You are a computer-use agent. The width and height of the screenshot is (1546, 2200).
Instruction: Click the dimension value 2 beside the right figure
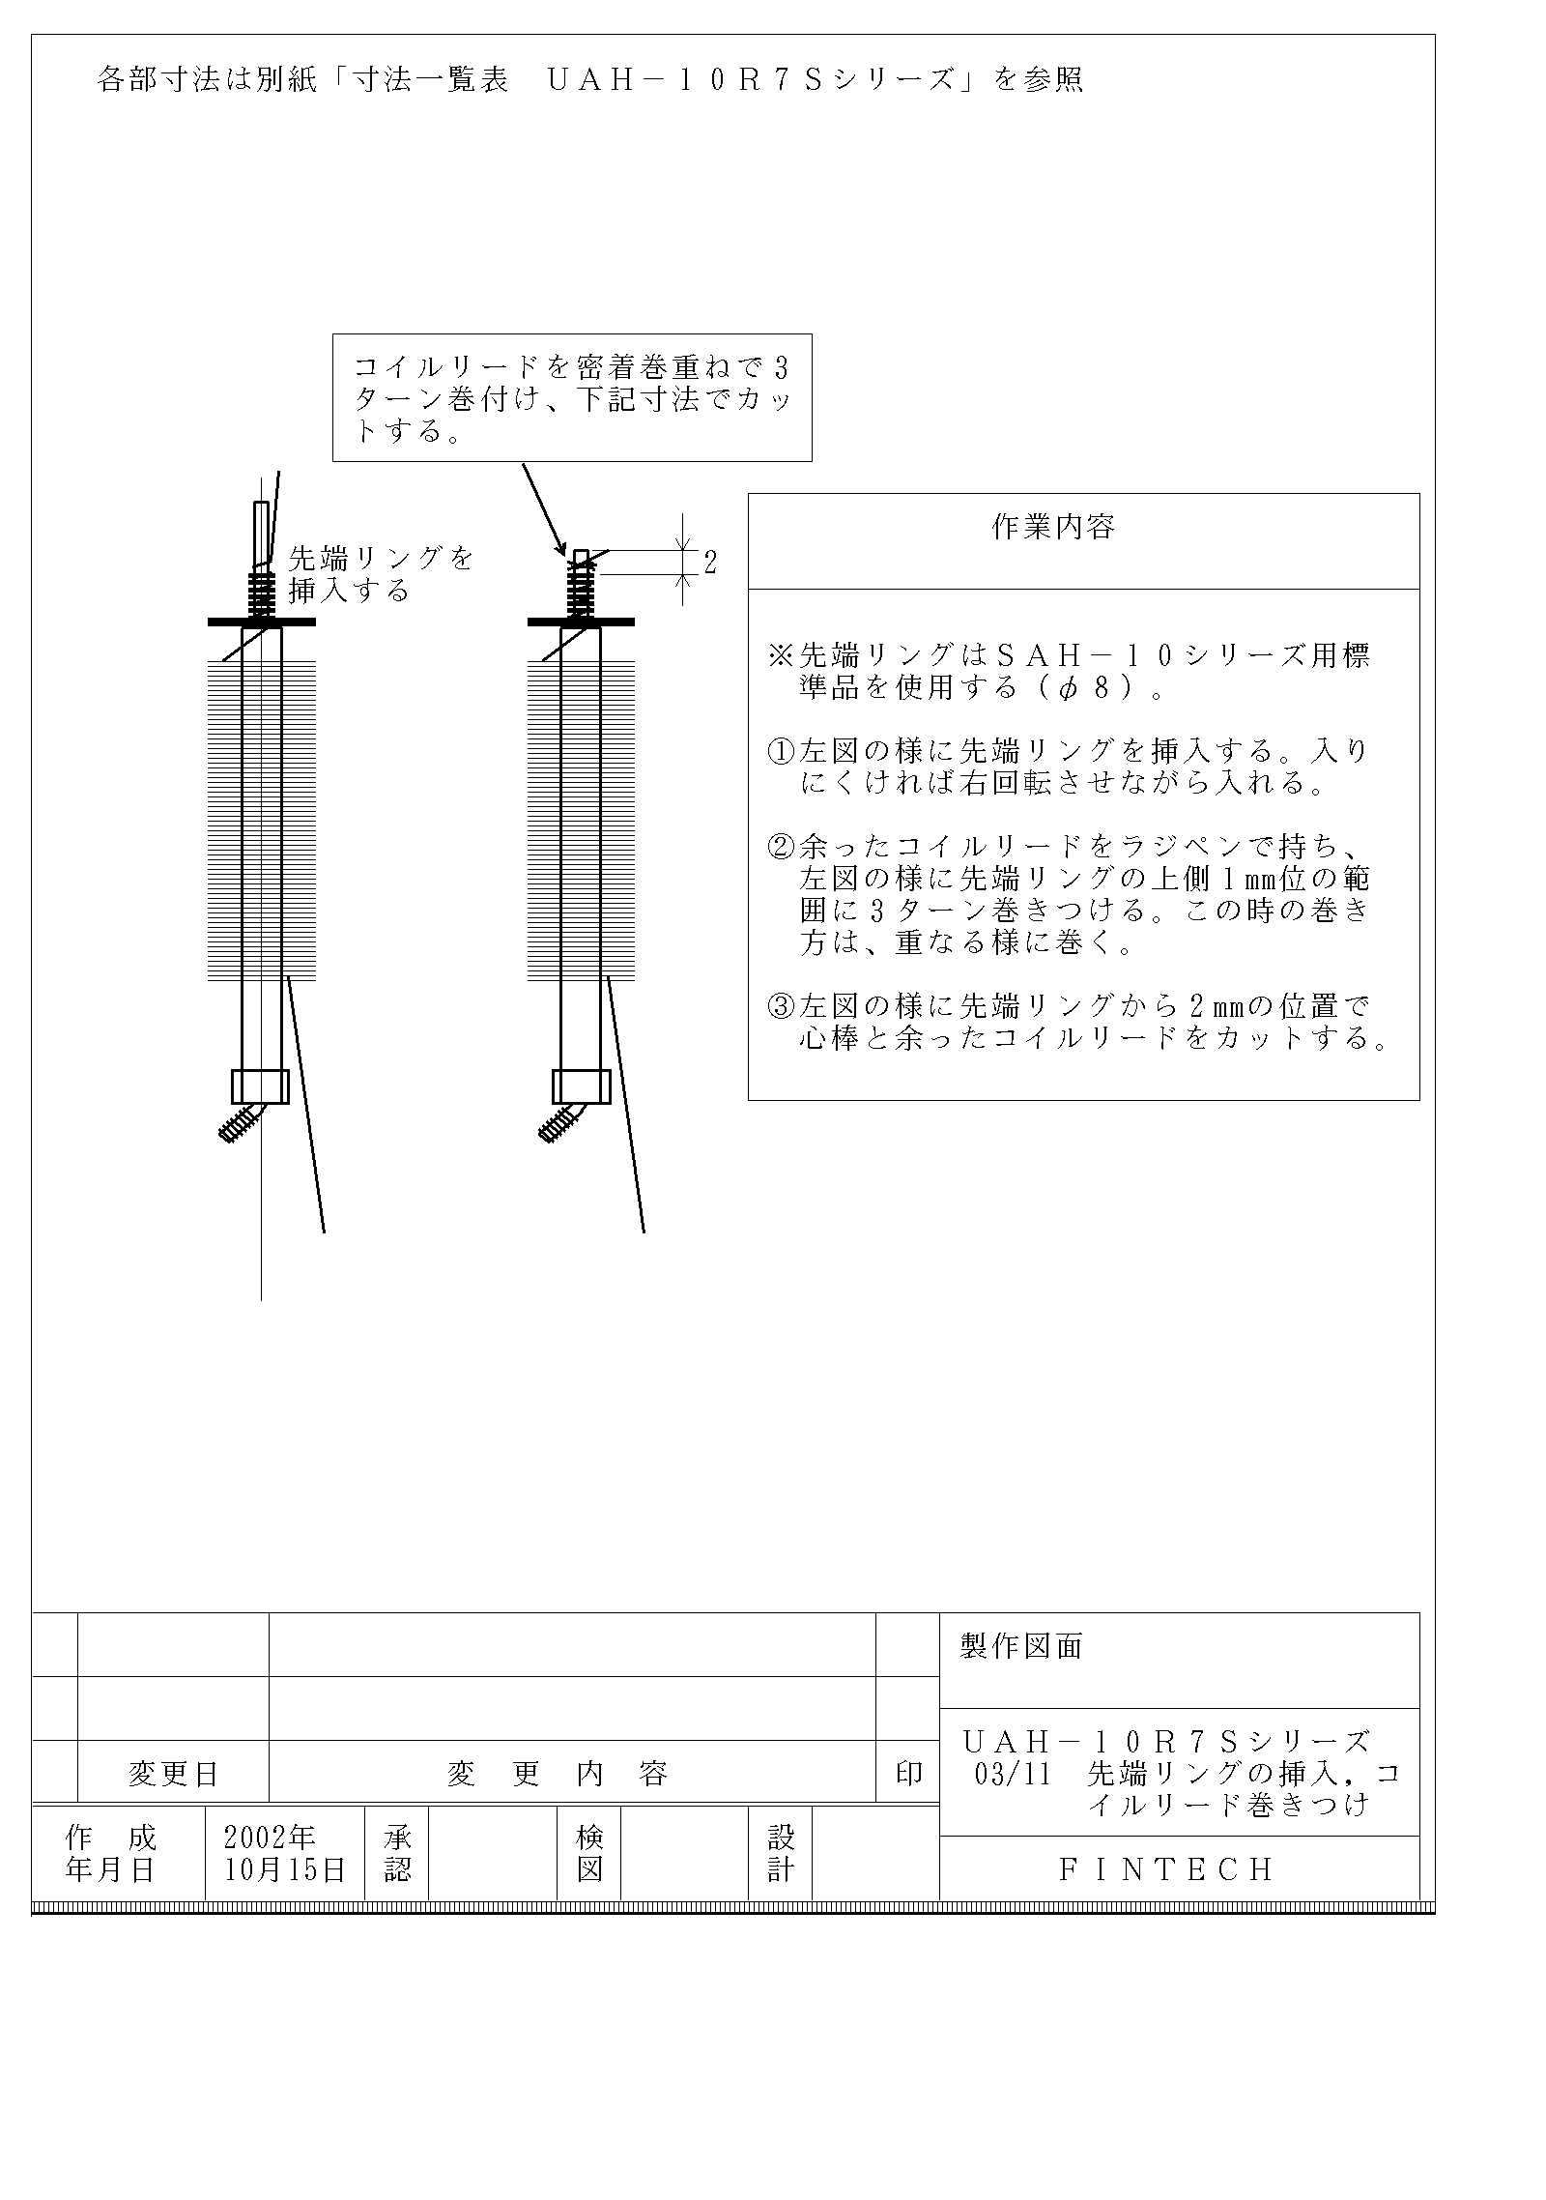click(x=710, y=562)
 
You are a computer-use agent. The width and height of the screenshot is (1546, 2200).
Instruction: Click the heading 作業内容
click(x=1053, y=527)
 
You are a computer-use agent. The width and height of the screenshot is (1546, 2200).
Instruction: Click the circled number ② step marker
click(x=782, y=848)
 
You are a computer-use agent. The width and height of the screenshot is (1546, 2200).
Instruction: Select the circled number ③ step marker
click(x=782, y=1007)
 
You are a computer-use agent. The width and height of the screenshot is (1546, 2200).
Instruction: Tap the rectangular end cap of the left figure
click(x=261, y=1086)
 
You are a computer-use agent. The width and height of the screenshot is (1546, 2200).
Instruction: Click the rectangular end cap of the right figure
click(x=581, y=1086)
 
